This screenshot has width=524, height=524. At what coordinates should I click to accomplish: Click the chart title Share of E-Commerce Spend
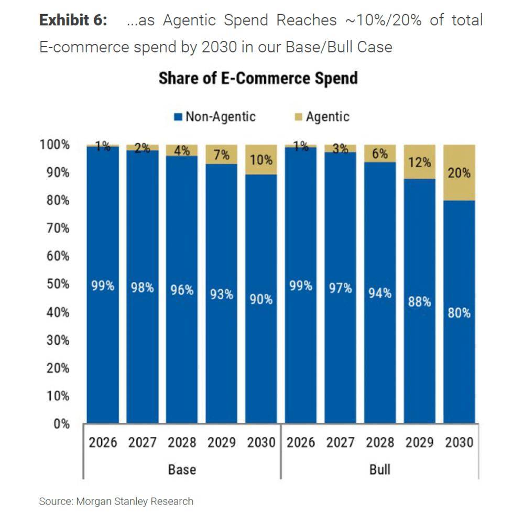pyautogui.click(x=258, y=79)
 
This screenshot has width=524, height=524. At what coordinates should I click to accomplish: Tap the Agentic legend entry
pyautogui.click(x=321, y=116)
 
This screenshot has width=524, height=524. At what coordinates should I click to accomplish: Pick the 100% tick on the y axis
pyautogui.click(x=54, y=145)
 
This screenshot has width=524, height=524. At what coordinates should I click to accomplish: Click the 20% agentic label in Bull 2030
pyautogui.click(x=459, y=173)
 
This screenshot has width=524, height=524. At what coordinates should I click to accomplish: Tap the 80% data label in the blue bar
pyautogui.click(x=459, y=313)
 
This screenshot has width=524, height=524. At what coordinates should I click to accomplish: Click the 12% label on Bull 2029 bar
pyautogui.click(x=419, y=162)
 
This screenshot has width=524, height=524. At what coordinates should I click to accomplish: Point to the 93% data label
pyautogui.click(x=222, y=294)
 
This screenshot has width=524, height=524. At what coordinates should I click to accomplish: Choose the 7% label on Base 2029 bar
pyautogui.click(x=222, y=156)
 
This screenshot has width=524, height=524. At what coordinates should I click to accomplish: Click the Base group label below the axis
pyautogui.click(x=182, y=469)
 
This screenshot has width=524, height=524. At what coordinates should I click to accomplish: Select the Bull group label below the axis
pyautogui.click(x=380, y=469)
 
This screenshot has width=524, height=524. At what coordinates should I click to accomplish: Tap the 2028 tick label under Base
pyautogui.click(x=182, y=443)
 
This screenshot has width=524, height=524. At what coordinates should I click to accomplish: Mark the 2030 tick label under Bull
pyautogui.click(x=459, y=443)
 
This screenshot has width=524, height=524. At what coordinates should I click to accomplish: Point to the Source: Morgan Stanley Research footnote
pyautogui.click(x=116, y=501)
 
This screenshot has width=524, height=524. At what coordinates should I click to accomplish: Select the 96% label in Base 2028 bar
pyautogui.click(x=182, y=290)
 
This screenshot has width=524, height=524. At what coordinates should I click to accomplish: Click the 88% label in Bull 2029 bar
pyautogui.click(x=419, y=302)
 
